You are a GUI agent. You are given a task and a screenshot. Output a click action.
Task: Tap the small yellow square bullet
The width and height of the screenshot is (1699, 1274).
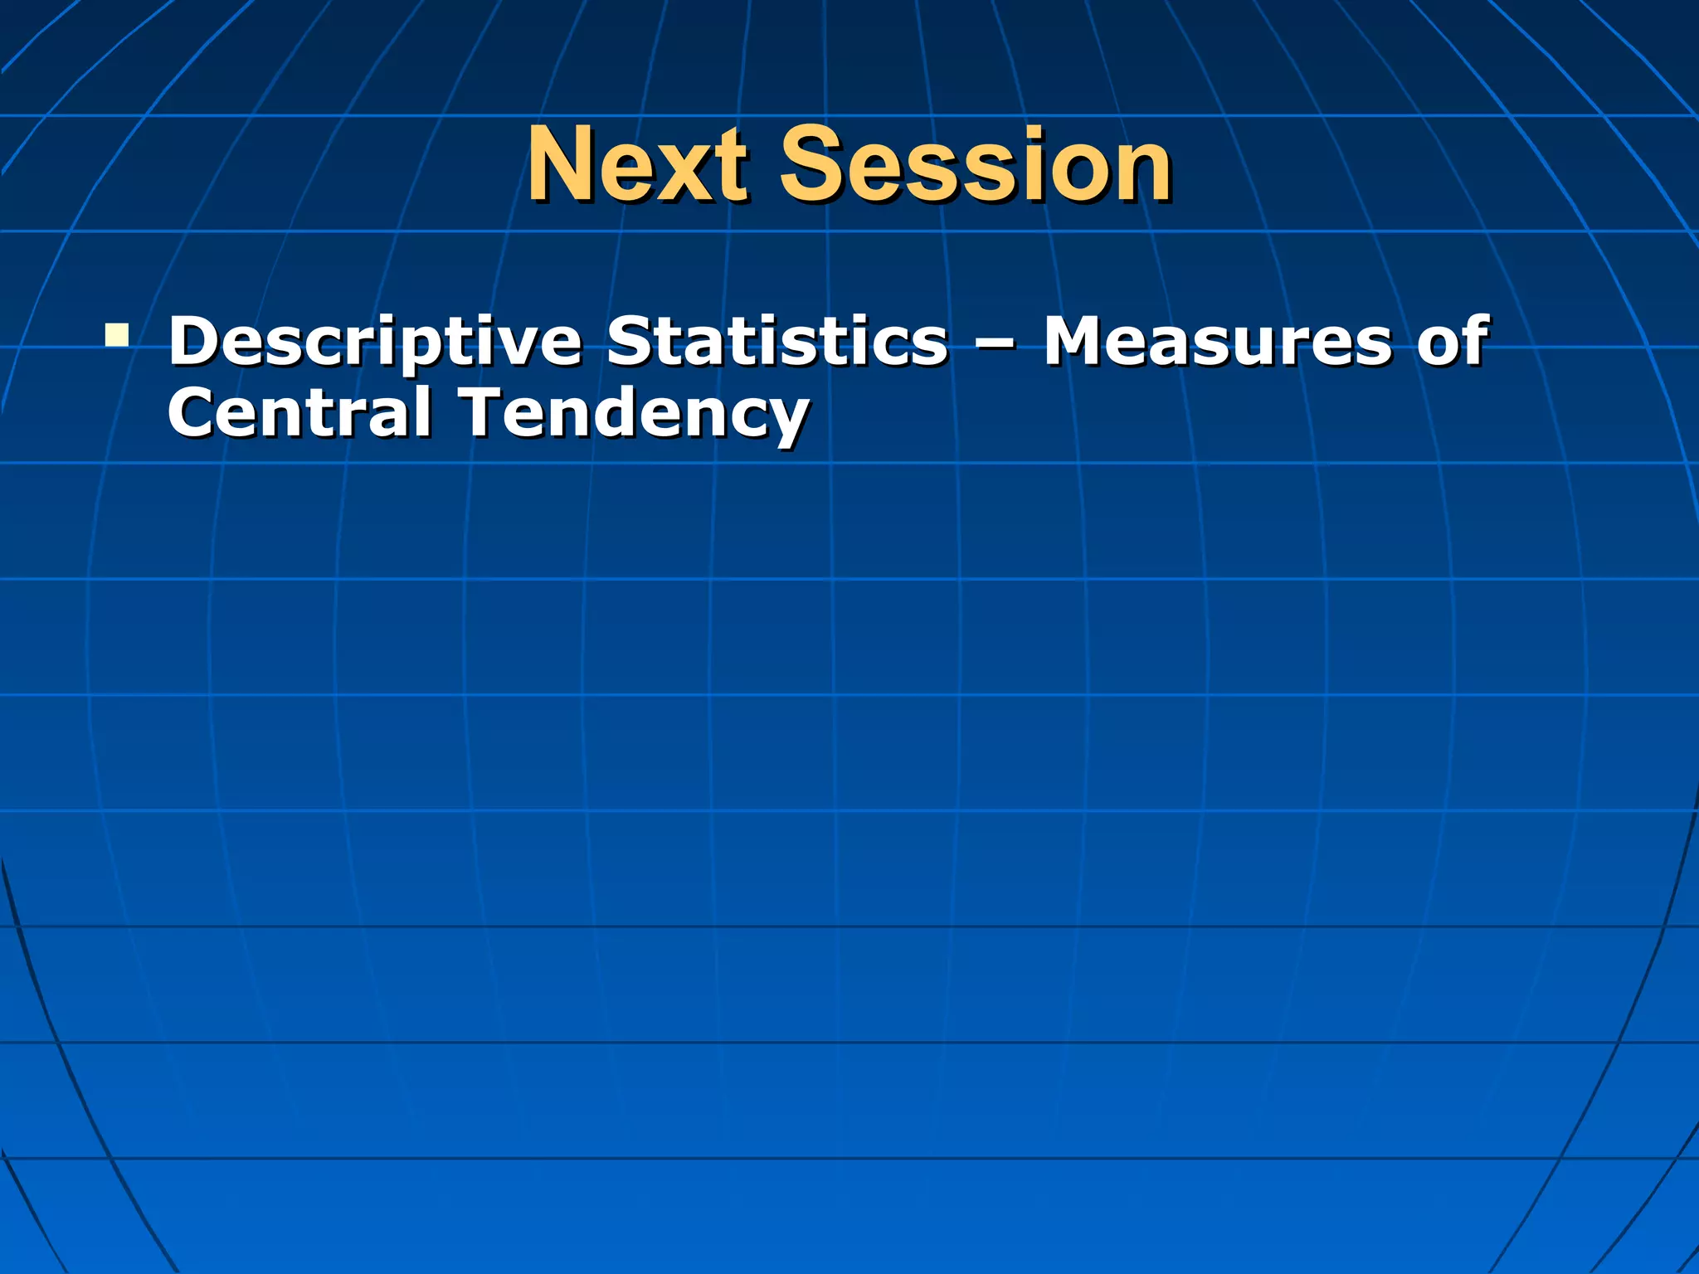(x=117, y=335)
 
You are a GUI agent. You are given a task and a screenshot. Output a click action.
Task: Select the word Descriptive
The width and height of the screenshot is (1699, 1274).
(x=375, y=342)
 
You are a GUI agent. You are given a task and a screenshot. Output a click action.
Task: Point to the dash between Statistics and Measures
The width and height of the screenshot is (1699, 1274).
(x=995, y=344)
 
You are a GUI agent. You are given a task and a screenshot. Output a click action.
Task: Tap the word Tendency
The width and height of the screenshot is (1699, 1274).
(x=635, y=413)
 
